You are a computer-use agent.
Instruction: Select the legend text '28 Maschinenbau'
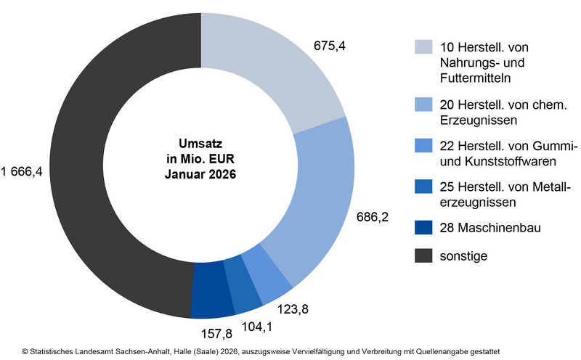click(479, 228)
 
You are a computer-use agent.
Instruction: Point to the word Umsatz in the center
click(200, 144)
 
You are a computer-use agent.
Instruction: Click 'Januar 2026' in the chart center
click(200, 174)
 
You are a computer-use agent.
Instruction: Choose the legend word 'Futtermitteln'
click(474, 75)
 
